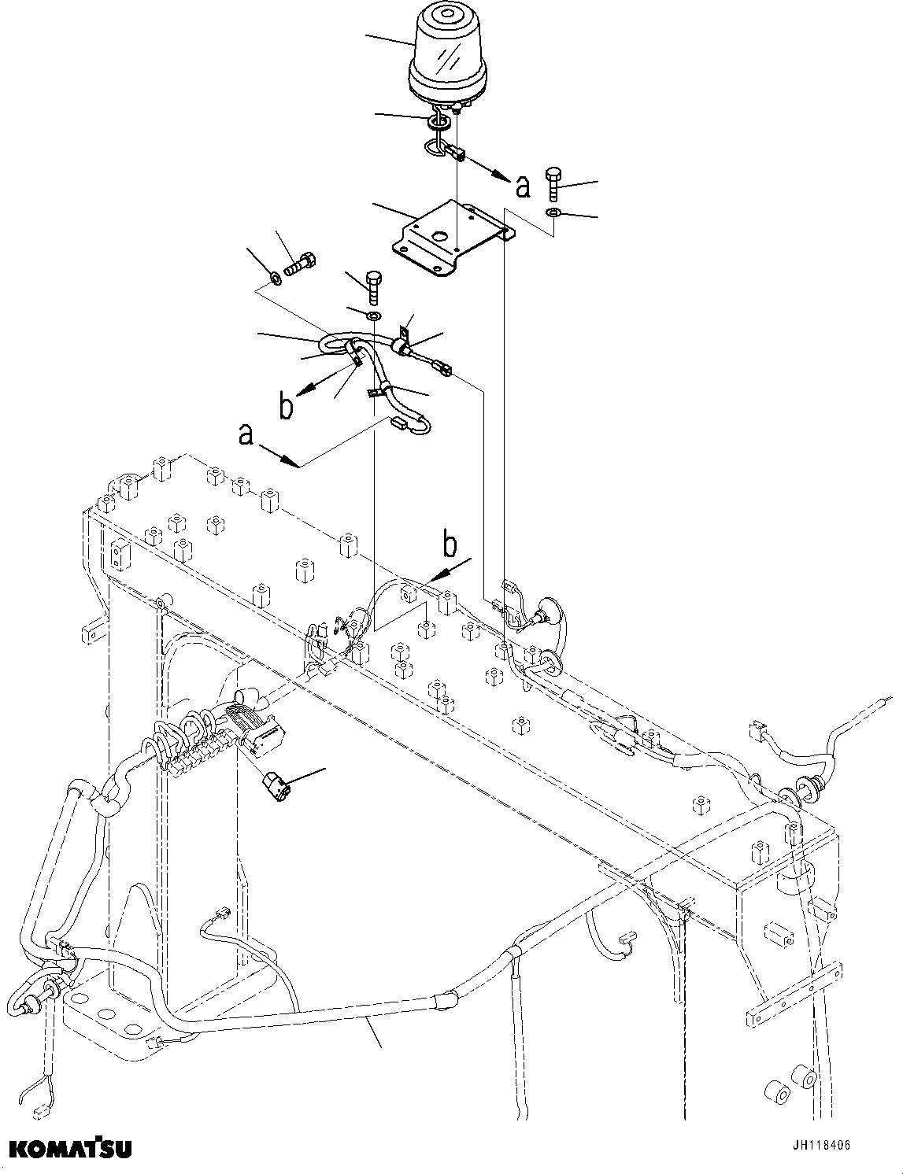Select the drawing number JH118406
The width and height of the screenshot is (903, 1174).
tap(816, 1146)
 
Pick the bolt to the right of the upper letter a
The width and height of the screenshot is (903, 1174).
tap(552, 185)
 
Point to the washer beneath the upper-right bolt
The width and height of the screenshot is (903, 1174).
tap(553, 213)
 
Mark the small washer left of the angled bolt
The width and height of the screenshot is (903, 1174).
tap(275, 277)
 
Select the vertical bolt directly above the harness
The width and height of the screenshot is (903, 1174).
tap(372, 287)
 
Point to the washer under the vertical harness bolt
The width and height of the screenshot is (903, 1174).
tap(373, 316)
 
